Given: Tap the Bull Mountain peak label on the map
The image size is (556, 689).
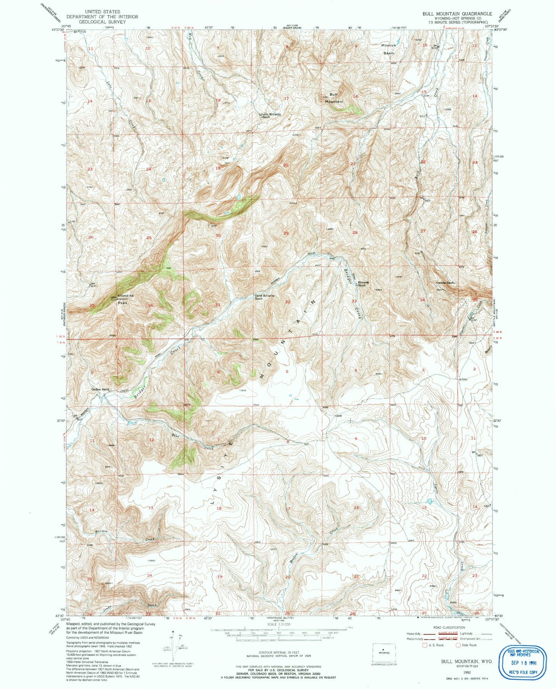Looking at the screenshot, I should (x=334, y=98).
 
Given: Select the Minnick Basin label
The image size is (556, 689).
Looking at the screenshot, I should (x=389, y=49).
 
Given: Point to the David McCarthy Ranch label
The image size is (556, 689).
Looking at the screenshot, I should (x=264, y=297).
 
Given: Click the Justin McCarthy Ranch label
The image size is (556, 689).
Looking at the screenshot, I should (x=270, y=115).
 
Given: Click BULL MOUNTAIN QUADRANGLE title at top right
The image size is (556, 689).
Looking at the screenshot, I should (x=457, y=13).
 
